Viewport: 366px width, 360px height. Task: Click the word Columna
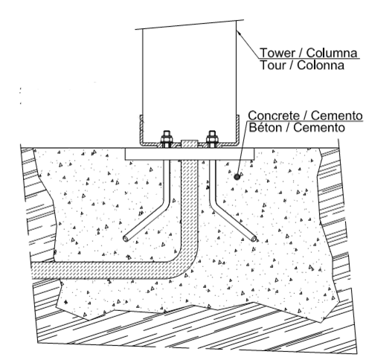pos(332,53)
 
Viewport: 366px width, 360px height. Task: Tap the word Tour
pos(271,65)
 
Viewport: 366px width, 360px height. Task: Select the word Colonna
pos(321,65)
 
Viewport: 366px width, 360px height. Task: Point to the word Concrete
pos(274,115)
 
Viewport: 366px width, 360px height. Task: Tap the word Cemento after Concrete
pos(337,115)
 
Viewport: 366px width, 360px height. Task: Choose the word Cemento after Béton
pos(319,128)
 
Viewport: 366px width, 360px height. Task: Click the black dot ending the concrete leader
pos(237,177)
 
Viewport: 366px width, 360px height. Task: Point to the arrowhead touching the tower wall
pos(239,33)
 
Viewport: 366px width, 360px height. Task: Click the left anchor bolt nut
pos(167,138)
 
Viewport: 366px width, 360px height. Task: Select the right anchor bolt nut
pos(212,138)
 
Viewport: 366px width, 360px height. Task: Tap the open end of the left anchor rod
pos(126,239)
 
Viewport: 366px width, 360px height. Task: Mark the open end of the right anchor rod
pos(254,239)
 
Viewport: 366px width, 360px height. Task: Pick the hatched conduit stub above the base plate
pos(190,144)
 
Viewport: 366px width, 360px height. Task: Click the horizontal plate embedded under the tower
pos(190,154)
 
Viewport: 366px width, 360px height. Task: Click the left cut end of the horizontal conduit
pos(33,271)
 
